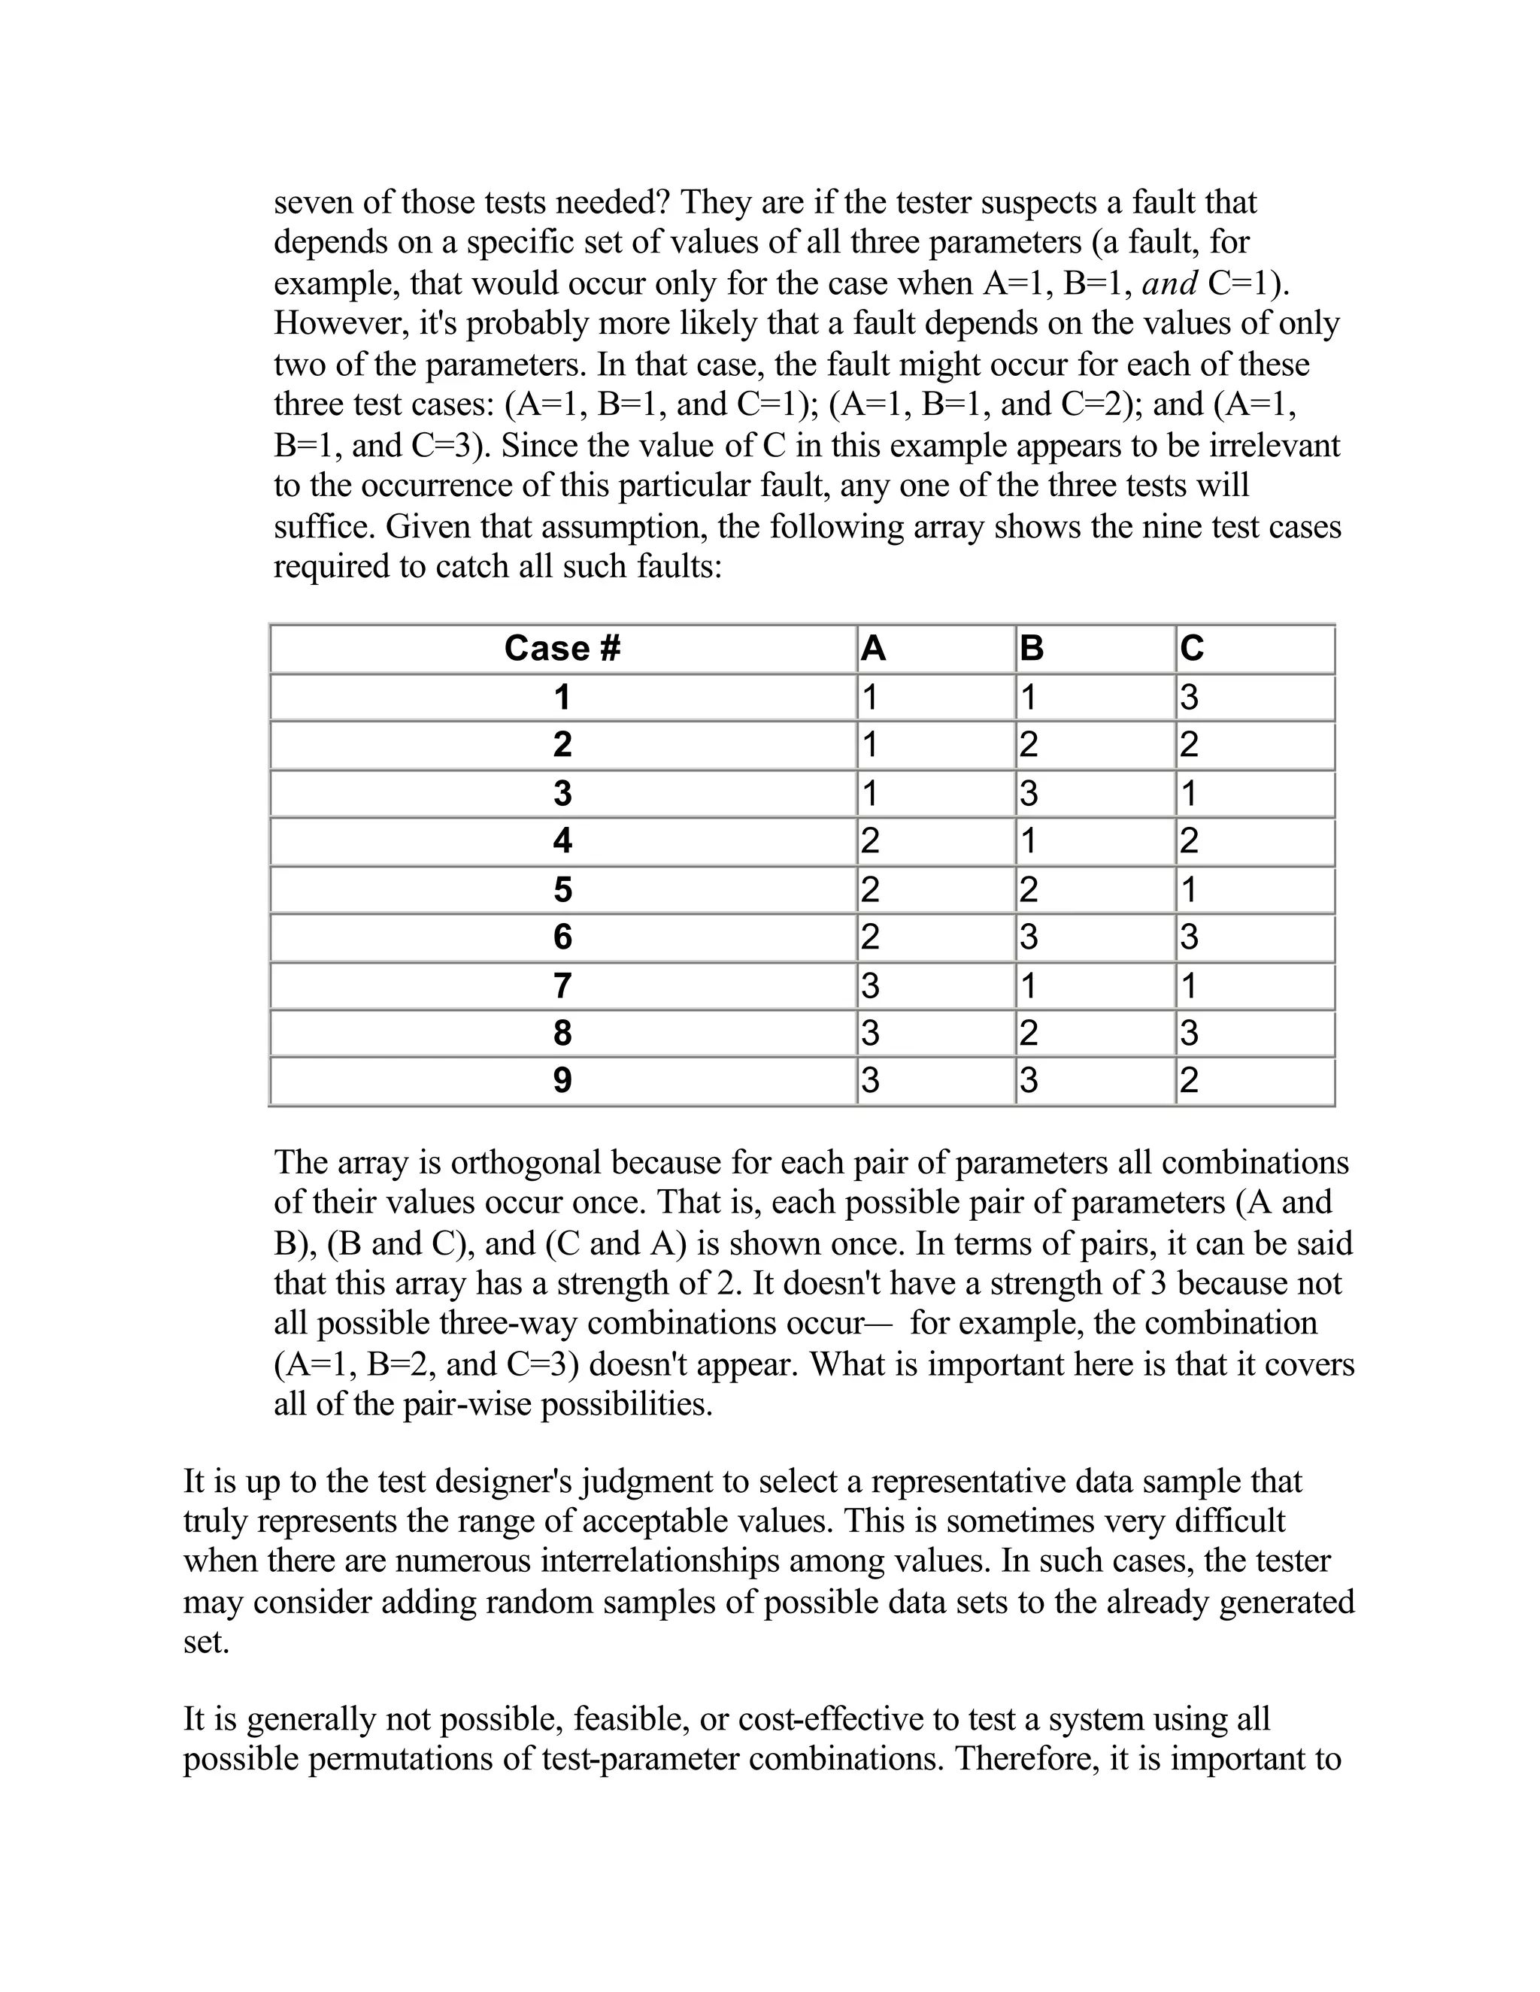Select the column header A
873,649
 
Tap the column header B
1031,649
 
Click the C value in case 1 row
1189,698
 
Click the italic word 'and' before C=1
1169,283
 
